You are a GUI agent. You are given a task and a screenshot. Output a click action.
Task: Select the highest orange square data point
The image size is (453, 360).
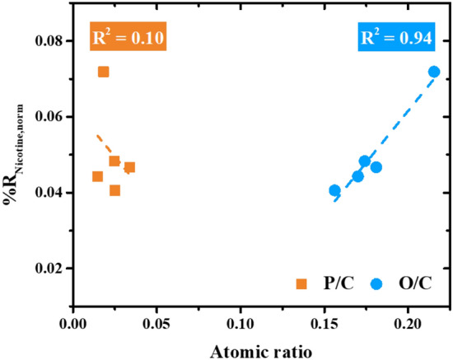103,72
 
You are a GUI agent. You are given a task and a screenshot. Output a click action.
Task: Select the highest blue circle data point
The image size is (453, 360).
434,72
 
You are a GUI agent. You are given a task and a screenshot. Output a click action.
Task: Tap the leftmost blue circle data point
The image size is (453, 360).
334,190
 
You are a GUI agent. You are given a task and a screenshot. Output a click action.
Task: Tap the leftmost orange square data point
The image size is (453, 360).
97,176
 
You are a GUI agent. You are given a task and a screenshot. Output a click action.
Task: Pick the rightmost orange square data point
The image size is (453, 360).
129,167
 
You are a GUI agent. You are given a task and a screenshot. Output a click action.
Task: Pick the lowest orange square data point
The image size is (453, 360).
114,190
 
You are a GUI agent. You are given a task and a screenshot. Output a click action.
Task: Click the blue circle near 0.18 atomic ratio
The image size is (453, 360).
376,167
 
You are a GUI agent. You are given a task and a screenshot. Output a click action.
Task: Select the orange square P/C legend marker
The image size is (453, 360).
302,284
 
